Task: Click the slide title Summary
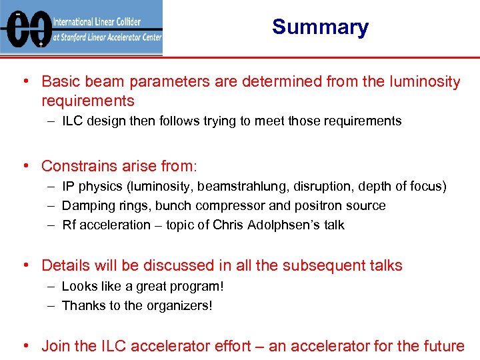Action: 320,27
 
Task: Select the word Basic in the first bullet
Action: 59,82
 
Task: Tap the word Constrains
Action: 79,166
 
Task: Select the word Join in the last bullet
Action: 55,346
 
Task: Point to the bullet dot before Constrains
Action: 25,166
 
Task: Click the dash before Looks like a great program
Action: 51,287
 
